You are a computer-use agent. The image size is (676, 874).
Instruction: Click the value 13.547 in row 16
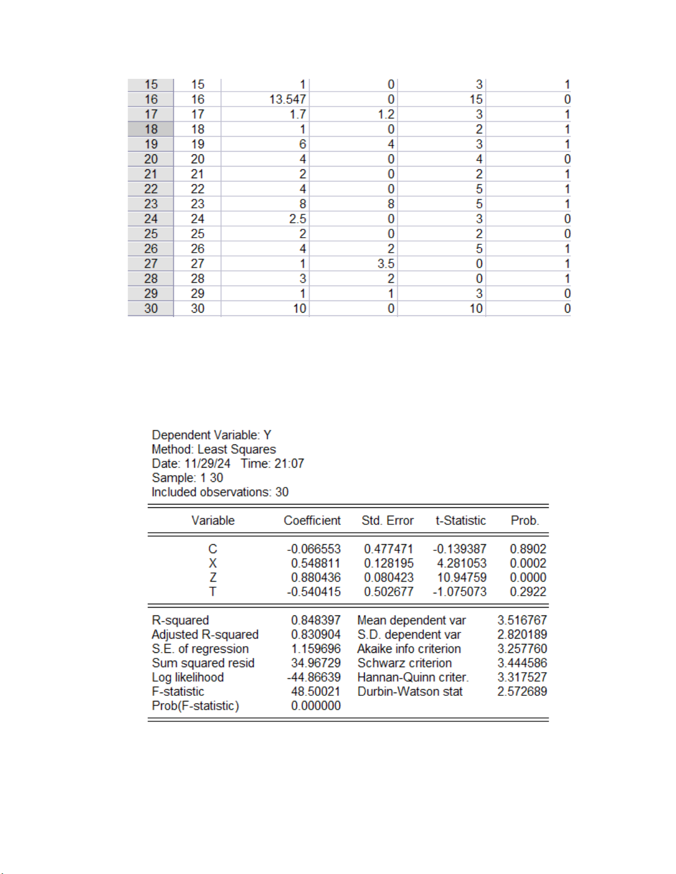click(287, 99)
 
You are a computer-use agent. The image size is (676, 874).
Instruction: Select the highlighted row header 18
click(151, 129)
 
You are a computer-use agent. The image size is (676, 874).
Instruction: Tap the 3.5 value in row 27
click(386, 264)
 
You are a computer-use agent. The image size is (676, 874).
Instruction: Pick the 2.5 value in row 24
click(297, 219)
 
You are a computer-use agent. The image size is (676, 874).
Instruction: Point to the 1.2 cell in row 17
click(386, 114)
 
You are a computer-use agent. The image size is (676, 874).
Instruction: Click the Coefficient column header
click(312, 521)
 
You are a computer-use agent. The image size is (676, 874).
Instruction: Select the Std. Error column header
click(387, 521)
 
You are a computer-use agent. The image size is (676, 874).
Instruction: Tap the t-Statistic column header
click(460, 521)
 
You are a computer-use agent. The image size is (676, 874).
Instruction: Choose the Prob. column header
click(525, 521)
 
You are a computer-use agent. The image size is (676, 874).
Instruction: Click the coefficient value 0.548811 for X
click(316, 563)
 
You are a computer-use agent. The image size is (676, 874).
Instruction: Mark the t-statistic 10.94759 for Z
click(461, 577)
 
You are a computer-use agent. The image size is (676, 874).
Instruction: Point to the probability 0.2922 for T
click(528, 592)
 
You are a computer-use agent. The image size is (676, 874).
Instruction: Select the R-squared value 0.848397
click(316, 620)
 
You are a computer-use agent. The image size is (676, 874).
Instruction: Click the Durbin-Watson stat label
click(409, 691)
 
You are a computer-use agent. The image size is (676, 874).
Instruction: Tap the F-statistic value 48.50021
click(316, 691)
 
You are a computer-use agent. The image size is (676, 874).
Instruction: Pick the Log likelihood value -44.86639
click(313, 677)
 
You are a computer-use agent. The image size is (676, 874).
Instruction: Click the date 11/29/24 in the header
click(207, 463)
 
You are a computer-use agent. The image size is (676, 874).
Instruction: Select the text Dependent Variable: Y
click(211, 435)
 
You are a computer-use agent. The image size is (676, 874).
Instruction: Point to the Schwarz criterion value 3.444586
click(521, 663)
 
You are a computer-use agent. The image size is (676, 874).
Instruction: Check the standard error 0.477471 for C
click(388, 549)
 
